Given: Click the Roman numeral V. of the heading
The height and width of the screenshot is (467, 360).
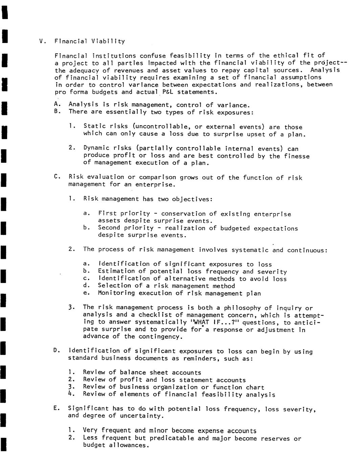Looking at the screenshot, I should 42,42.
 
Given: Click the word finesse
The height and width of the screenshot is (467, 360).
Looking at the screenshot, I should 297,156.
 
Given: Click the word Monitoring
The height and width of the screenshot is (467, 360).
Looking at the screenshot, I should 116,293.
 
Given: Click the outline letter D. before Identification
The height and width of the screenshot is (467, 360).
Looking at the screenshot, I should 56,350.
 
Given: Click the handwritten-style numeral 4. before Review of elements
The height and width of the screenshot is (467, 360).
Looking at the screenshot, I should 71,394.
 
